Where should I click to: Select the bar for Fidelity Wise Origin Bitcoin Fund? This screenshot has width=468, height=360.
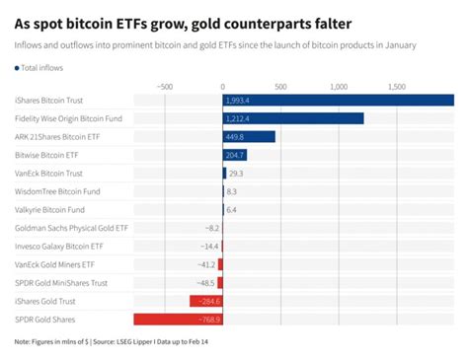[293, 118]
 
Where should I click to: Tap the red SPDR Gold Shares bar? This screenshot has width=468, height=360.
[178, 319]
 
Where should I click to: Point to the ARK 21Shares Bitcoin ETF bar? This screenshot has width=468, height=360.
[249, 136]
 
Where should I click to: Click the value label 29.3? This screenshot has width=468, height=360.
[236, 173]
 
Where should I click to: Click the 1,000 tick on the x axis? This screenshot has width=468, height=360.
[339, 86]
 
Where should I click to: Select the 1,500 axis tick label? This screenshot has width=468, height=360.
[397, 86]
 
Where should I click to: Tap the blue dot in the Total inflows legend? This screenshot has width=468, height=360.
[17, 67]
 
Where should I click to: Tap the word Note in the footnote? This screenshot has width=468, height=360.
[24, 342]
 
